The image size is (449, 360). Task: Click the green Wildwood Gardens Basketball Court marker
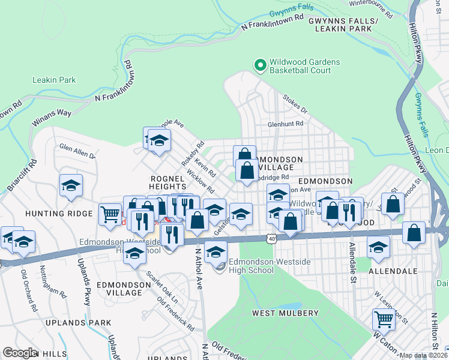pyautogui.click(x=260, y=64)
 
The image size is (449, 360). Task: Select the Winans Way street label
pyautogui.click(x=52, y=113)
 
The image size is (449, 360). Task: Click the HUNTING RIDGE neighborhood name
pyautogui.click(x=52, y=213)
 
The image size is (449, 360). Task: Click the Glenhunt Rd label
pyautogui.click(x=285, y=124)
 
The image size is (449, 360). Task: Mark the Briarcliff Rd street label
pyautogui.click(x=21, y=176)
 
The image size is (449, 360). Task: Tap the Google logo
pyautogui.click(x=20, y=353)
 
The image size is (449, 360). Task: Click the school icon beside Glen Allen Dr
pyautogui.click(x=71, y=185)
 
